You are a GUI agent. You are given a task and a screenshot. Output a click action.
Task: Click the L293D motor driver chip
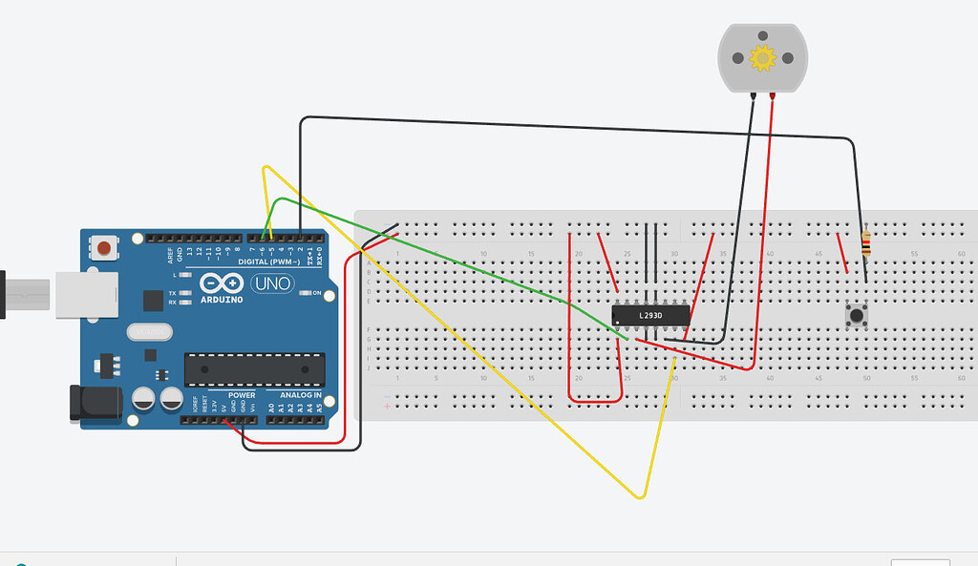pos(649,313)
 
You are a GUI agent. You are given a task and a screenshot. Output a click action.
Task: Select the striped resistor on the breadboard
pos(865,244)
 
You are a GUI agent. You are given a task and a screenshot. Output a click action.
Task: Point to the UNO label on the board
pos(271,283)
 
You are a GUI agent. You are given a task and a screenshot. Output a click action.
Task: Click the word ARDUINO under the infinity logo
pos(222,299)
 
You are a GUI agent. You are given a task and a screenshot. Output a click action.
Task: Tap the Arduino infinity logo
pos(222,283)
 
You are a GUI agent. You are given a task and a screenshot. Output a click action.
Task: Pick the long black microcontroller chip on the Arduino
pos(254,369)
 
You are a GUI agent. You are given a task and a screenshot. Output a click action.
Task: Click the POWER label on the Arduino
pos(241,395)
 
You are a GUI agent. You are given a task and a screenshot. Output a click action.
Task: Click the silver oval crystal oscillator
pos(148,331)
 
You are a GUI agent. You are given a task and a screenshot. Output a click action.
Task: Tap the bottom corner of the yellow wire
pos(641,496)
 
